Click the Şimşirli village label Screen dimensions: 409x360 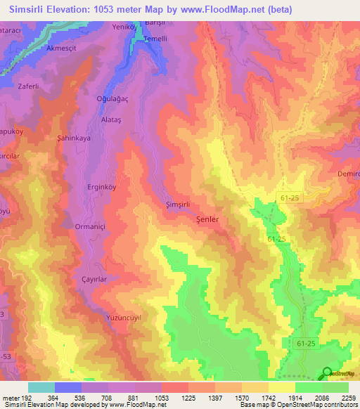coord(177,204)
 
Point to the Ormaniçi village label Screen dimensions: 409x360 coord(90,227)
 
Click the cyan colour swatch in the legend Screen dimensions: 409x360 coord(41,387)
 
